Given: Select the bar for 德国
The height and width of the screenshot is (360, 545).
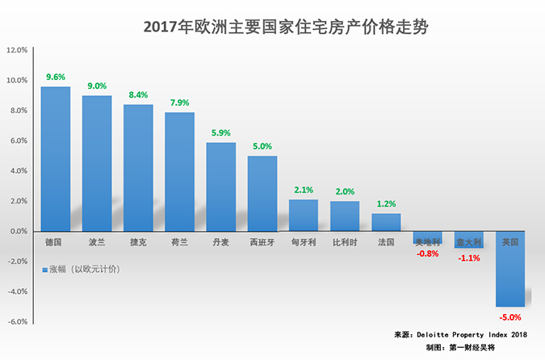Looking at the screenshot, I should point(55,158).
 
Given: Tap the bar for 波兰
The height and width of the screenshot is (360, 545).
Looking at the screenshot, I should point(97,163).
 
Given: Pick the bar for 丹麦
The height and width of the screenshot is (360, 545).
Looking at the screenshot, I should point(221,186).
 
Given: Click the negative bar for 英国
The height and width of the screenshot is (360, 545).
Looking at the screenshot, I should point(510,269).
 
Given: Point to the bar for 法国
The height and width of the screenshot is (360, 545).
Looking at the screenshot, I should point(386,222).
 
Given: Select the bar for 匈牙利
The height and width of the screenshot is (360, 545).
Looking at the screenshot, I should point(304,216).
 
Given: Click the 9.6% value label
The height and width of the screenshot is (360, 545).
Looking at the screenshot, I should point(55,77).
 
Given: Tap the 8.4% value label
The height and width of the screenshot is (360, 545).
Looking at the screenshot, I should point(138,94).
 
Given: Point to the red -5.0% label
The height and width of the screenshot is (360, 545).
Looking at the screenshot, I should point(510,317).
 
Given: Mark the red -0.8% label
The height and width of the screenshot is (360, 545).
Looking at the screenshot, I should point(428,253).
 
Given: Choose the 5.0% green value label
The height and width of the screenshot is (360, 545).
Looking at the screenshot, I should point(262,146).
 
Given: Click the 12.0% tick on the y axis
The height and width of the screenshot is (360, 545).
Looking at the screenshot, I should point(17,50).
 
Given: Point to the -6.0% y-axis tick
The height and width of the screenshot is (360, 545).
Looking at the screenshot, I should point(17,322).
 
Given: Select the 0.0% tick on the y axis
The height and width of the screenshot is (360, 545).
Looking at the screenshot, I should point(17,232).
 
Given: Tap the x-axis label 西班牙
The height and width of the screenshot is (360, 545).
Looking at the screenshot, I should point(262,241).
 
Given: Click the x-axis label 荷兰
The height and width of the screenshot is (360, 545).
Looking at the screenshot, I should point(180,241).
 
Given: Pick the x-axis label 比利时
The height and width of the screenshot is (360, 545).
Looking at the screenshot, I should point(345,241).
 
